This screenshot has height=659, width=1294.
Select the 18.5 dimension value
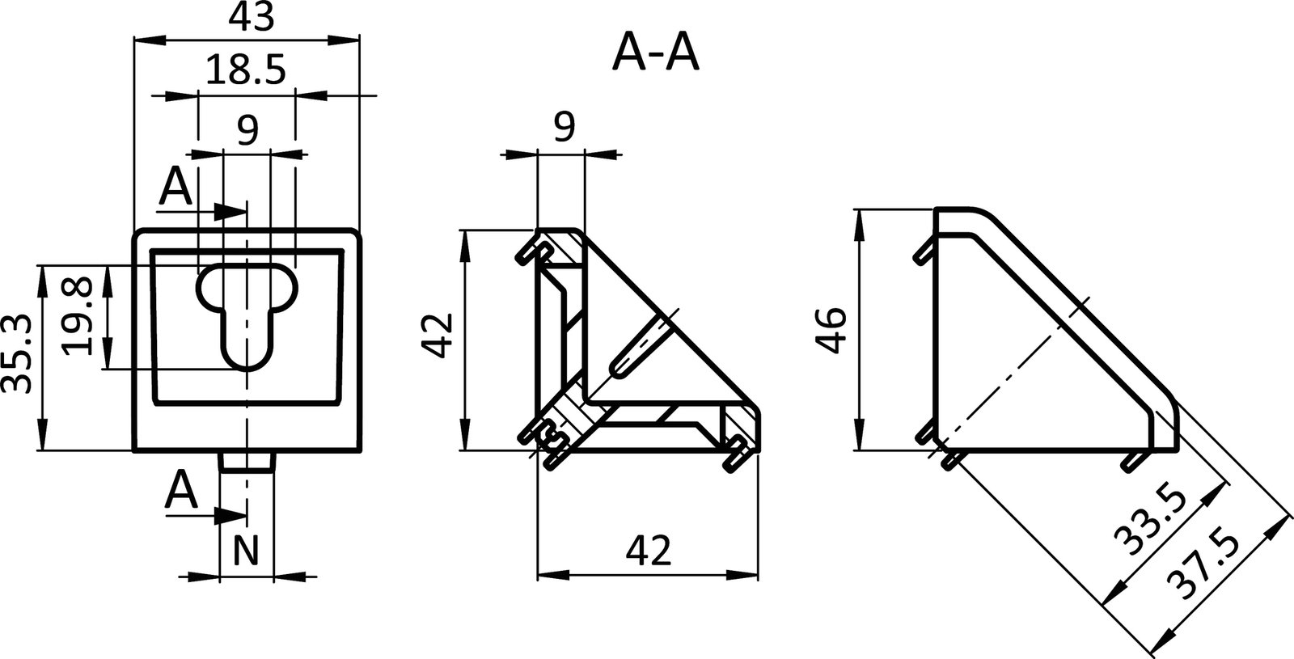245,71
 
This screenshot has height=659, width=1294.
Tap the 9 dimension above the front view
247,128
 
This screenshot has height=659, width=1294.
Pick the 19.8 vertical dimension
78,317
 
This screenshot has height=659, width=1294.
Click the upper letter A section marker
175,188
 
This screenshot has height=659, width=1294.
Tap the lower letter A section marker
181,490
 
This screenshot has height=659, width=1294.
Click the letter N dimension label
246,552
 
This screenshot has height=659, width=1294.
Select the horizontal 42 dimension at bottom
649,551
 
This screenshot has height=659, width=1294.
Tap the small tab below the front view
247,462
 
